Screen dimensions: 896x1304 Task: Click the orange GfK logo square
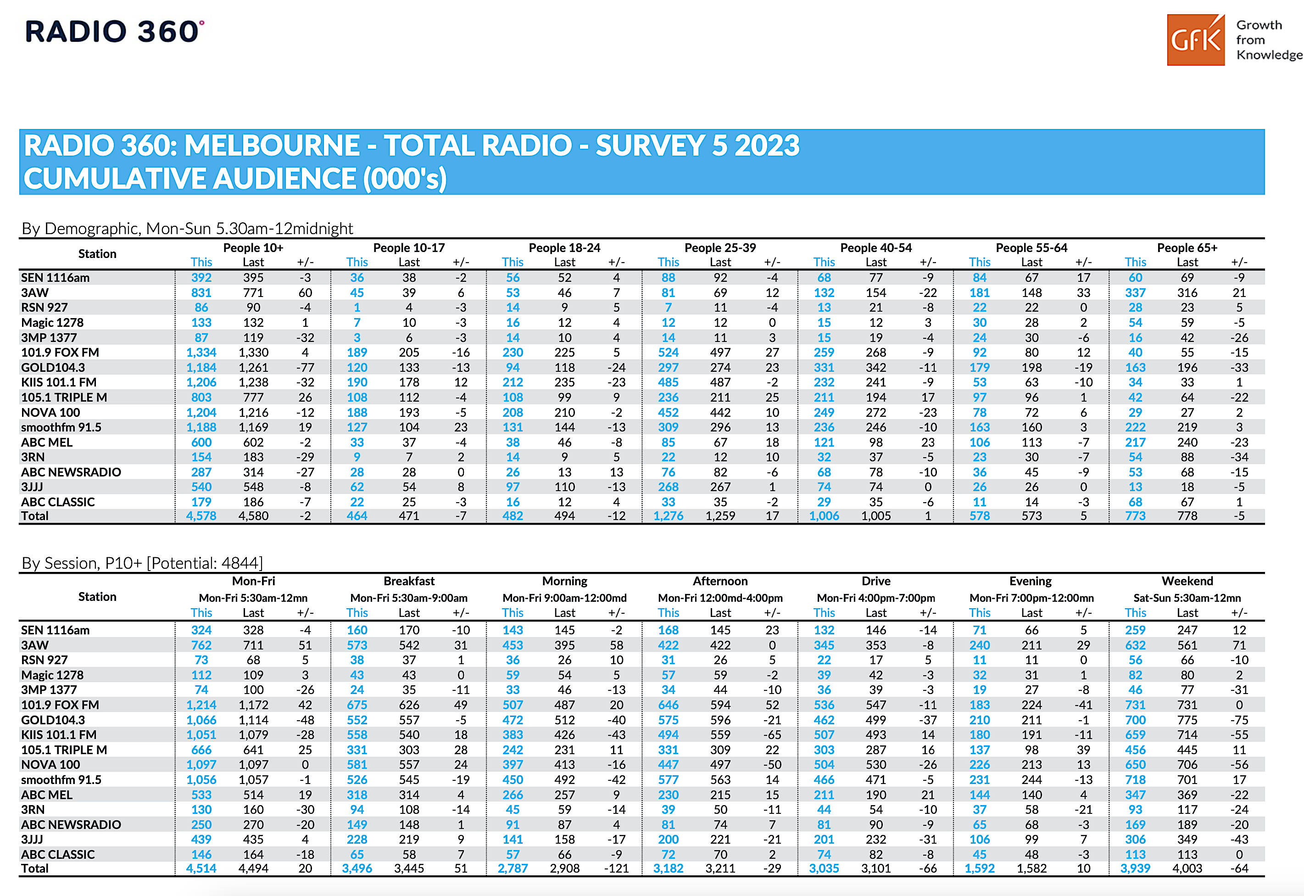pyautogui.click(x=1195, y=40)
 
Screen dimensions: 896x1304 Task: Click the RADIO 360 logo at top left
pyautogui.click(x=114, y=31)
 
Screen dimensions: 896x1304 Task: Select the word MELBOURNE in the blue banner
pyautogui.click(x=272, y=146)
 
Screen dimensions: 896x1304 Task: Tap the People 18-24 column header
pyautogui.click(x=564, y=247)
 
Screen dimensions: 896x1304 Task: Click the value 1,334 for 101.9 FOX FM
pyautogui.click(x=201, y=353)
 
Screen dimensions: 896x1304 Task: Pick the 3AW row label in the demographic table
pyautogui.click(x=35, y=292)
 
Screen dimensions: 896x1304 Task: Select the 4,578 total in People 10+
pyautogui.click(x=201, y=516)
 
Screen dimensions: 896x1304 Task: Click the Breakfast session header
pyautogui.click(x=408, y=581)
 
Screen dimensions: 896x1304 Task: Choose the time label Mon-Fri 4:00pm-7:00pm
pyautogui.click(x=875, y=598)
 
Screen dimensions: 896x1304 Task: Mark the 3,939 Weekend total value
pyautogui.click(x=1135, y=868)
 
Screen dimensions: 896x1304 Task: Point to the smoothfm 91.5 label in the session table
pyautogui.click(x=61, y=780)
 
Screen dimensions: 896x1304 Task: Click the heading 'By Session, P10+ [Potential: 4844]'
pyautogui.click(x=142, y=563)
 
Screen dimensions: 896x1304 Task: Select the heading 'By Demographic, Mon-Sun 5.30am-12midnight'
pyautogui.click(x=187, y=229)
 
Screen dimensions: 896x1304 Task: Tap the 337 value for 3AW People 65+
pyautogui.click(x=1135, y=292)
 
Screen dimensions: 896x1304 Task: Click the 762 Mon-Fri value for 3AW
pyautogui.click(x=201, y=645)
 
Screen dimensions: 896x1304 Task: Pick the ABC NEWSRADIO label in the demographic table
pyautogui.click(x=71, y=472)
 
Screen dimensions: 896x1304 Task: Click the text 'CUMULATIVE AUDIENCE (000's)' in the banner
pyautogui.click(x=234, y=179)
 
